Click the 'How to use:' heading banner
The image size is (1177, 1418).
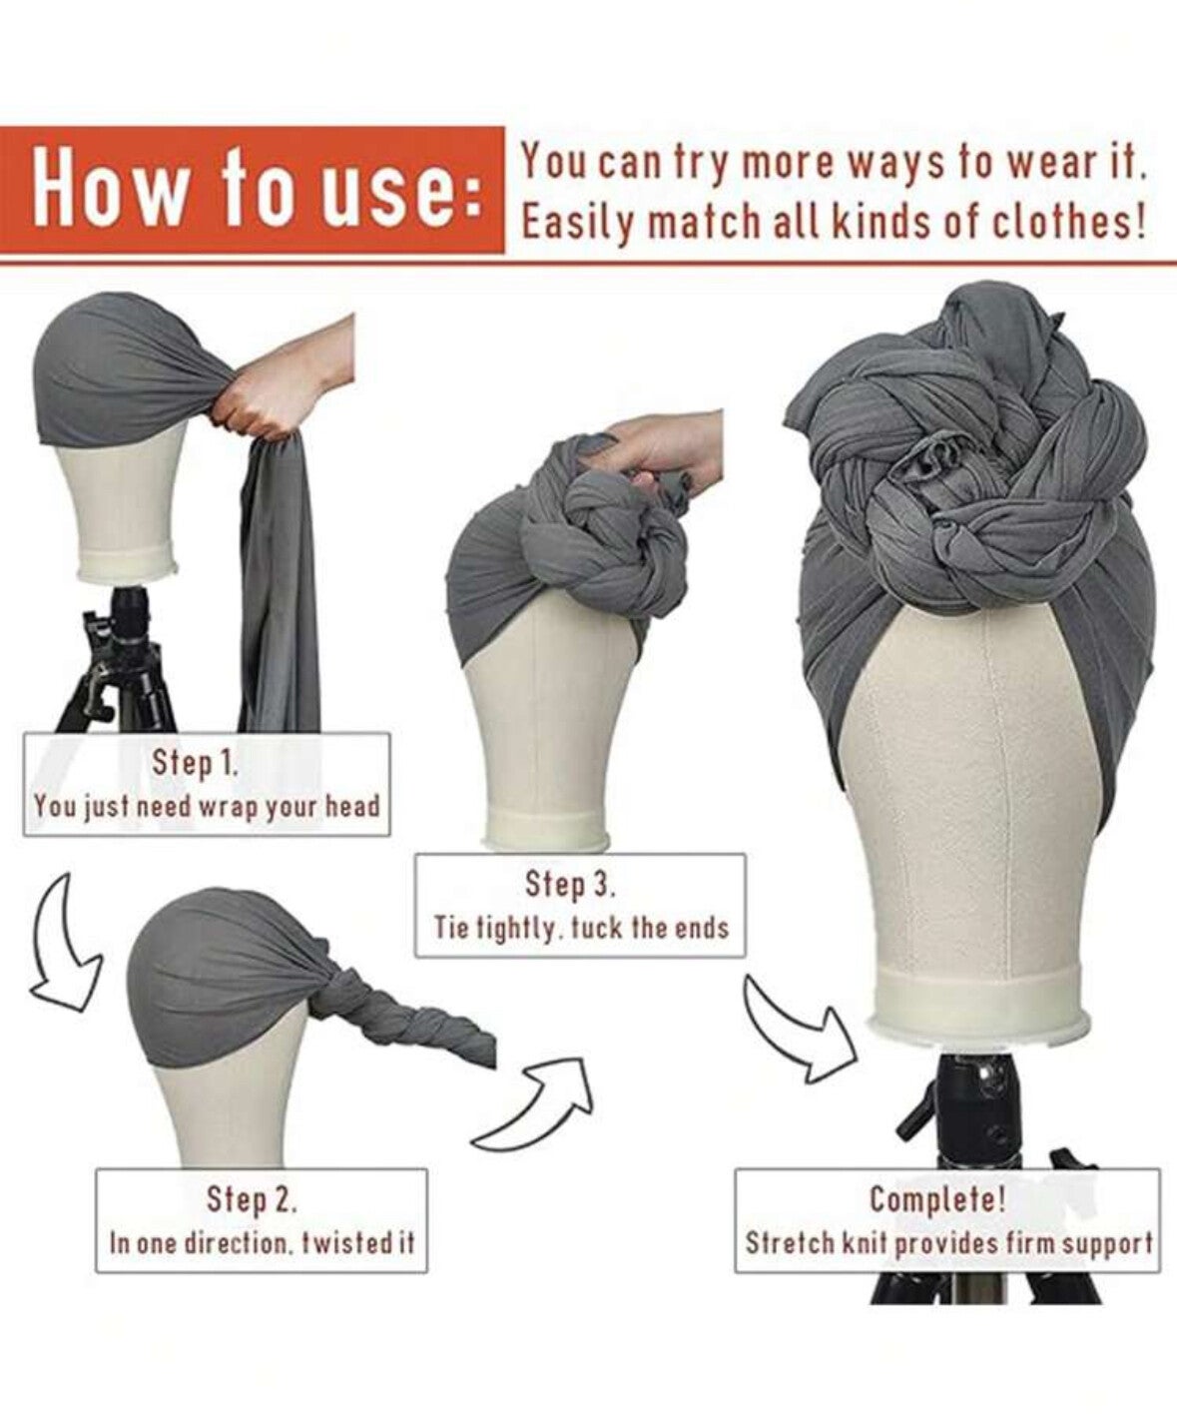[252, 190]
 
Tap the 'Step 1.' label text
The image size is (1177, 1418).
[195, 763]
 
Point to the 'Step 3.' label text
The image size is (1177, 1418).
[571, 885]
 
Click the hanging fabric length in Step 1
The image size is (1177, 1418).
[280, 584]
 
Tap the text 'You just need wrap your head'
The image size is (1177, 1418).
[207, 807]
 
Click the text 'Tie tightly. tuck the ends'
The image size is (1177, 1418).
[582, 929]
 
